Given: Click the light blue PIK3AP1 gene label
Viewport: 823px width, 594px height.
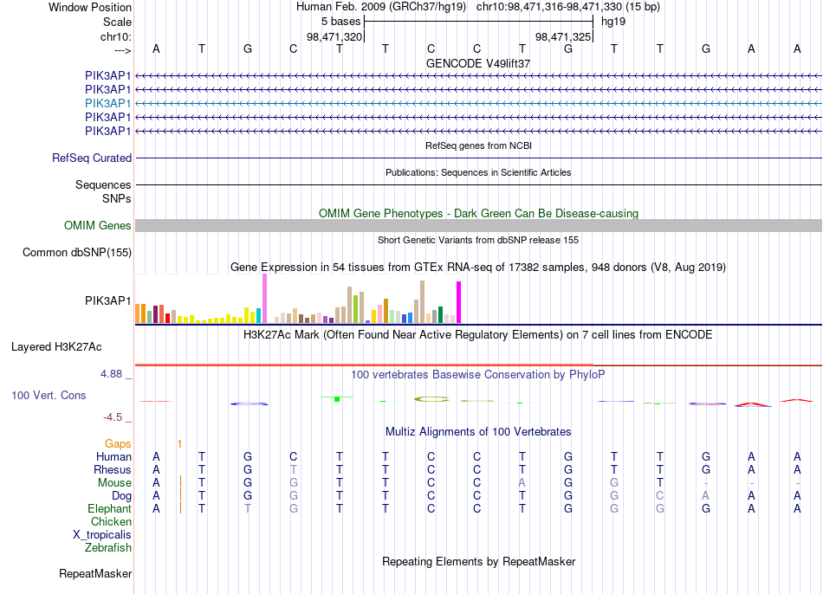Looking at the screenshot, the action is coord(107,103).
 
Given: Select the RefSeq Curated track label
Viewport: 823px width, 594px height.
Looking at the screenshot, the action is coord(92,158).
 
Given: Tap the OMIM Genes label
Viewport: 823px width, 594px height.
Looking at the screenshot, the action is coord(98,226).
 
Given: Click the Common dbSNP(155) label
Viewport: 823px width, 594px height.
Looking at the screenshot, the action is coord(77,252).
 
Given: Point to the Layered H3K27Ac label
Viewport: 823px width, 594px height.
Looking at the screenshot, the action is coord(56,347).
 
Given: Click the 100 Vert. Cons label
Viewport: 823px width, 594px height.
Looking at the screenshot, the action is coord(49,395).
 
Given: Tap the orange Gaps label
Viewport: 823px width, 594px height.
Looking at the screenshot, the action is coord(118,444).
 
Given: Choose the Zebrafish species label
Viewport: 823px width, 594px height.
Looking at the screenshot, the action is coord(108,548).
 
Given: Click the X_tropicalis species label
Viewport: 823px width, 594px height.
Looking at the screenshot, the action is coord(102,535).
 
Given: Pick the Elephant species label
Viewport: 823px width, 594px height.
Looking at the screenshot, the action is coord(110,509).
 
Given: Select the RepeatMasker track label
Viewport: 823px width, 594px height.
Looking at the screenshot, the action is coord(95,574).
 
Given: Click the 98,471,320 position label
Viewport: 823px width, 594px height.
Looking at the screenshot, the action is coord(334,36).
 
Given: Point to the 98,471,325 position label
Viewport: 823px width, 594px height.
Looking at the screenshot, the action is coord(563,36).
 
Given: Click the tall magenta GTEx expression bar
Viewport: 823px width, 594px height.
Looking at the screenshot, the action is coord(459,302).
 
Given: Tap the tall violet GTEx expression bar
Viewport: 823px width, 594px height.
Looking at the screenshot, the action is coord(264,299).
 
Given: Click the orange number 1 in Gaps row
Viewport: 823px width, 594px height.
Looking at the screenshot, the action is coord(179,444).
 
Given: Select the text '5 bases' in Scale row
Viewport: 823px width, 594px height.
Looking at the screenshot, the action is coord(341,22).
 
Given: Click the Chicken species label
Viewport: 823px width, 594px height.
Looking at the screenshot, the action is coord(111,522).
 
